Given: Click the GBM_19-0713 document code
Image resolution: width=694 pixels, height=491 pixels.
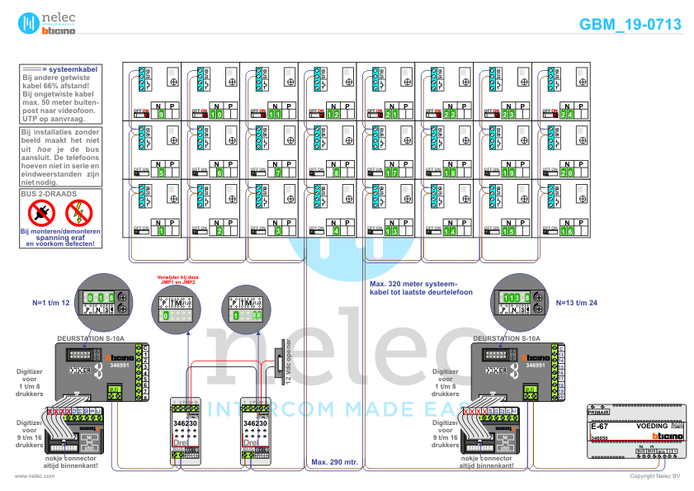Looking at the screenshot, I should [x=630, y=25].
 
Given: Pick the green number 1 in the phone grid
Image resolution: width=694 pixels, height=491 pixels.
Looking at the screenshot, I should [x=162, y=232].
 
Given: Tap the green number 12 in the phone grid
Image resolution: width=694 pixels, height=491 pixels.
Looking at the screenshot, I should [x=333, y=114].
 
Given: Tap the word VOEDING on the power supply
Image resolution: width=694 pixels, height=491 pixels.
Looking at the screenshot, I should [x=653, y=427].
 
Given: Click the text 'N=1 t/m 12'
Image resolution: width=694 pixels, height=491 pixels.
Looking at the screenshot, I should [x=50, y=303].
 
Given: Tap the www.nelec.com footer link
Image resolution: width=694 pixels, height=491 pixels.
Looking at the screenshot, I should [x=29, y=476].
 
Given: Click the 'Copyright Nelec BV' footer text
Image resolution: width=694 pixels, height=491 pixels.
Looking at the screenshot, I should [x=654, y=476].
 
